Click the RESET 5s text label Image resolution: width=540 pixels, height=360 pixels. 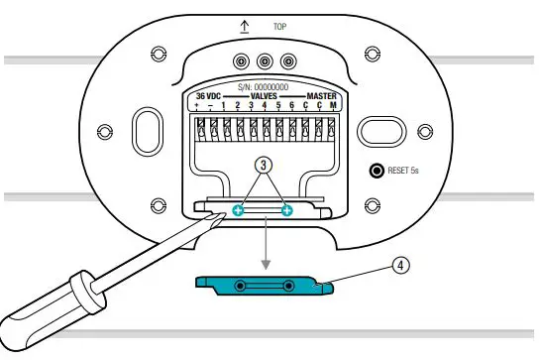click(406, 171)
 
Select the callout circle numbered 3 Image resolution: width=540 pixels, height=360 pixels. click(262, 168)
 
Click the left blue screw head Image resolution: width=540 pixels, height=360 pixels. click(238, 210)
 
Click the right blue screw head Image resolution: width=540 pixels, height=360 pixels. click(287, 210)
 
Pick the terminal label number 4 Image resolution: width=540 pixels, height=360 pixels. click(265, 106)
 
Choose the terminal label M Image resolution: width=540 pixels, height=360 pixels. click(333, 106)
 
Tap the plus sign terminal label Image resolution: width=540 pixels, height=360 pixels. click(197, 106)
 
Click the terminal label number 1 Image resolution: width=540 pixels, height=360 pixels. click(224, 106)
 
